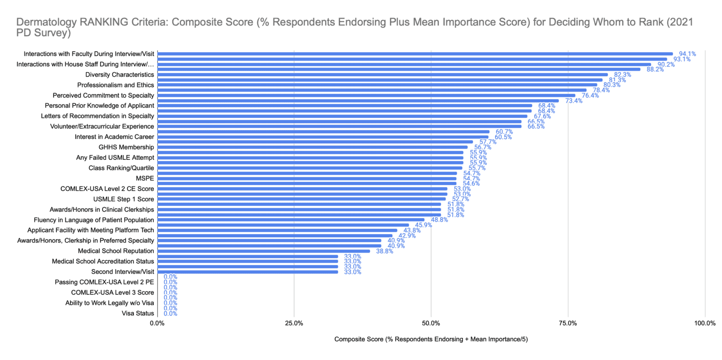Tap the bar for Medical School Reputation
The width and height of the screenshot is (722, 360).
click(263, 251)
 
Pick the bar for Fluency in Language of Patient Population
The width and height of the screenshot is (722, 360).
click(290, 219)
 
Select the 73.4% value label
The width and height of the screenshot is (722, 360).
click(573, 101)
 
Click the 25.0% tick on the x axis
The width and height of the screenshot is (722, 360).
click(294, 323)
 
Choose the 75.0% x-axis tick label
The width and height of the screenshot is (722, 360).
click(568, 323)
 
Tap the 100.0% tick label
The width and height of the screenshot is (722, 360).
click(705, 323)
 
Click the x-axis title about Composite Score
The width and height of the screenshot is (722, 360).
click(431, 339)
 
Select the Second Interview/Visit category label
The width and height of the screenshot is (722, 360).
click(122, 272)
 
